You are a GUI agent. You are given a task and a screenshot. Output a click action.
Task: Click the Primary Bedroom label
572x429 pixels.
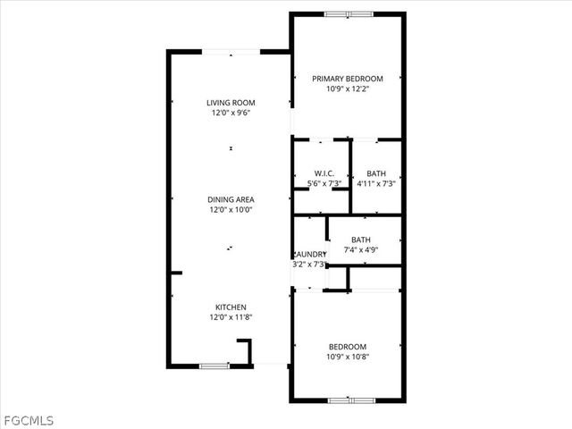coord(348,79)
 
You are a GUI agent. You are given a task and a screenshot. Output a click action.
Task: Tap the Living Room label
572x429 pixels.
coord(231,103)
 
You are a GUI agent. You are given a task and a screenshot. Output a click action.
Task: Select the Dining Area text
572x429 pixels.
coord(231,199)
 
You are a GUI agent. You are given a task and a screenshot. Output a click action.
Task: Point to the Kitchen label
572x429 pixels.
coord(231,307)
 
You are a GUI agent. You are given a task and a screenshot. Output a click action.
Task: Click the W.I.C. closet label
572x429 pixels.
coord(324,172)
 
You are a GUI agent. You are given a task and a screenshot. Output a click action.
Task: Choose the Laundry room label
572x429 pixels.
coord(310,254)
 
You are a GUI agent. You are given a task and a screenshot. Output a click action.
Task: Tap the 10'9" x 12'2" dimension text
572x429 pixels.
coord(348,89)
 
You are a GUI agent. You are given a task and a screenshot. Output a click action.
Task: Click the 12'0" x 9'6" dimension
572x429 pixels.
coord(231,114)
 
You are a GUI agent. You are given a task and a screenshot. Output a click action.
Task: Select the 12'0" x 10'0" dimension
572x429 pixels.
coord(231,210)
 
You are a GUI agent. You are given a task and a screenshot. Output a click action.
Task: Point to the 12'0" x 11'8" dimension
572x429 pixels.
coord(231,317)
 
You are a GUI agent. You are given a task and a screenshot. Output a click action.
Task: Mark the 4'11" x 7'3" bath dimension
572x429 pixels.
coord(376,183)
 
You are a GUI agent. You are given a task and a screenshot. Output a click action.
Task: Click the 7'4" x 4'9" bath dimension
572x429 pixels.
coord(361,250)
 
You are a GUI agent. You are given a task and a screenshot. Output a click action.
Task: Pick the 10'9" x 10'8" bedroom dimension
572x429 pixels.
coord(348,357)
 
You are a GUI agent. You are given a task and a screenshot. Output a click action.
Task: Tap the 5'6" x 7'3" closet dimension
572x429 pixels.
coord(324,183)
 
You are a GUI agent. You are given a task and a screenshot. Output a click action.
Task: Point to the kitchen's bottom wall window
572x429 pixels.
coord(214,366)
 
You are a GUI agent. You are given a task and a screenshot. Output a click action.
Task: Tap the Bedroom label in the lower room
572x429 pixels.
coord(348,347)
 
